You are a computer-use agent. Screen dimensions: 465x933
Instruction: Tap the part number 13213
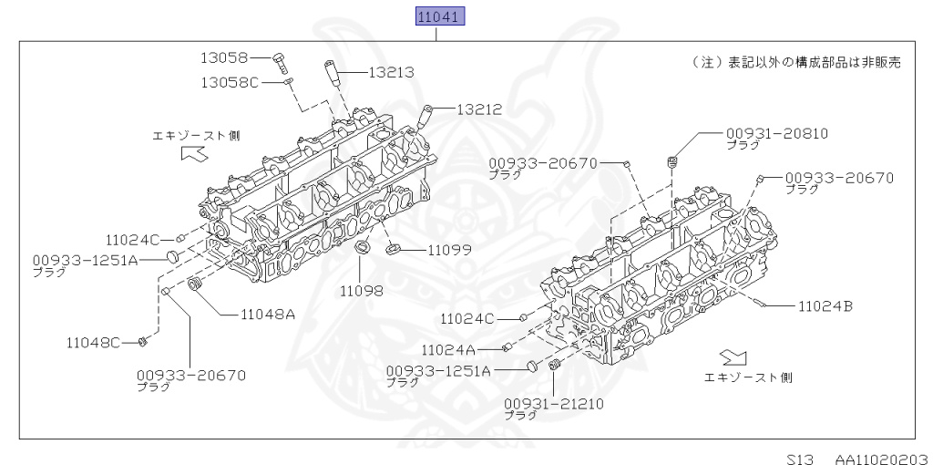pyautogui.click(x=391, y=72)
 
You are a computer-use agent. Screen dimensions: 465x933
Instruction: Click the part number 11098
pyautogui.click(x=362, y=291)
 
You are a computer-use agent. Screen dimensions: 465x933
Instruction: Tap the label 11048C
pyautogui.click(x=93, y=342)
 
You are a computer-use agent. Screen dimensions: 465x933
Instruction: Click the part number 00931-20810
pyautogui.click(x=776, y=132)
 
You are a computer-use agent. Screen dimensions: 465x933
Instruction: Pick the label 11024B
pyautogui.click(x=825, y=306)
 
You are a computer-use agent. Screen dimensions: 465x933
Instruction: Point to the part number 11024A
pyautogui.click(x=448, y=349)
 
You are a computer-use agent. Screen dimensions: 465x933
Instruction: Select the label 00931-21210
pyautogui.click(x=553, y=402)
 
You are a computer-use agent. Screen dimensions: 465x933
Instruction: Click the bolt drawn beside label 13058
pyautogui.click(x=279, y=62)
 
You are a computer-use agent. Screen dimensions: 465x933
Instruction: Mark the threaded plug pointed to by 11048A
pyautogui.click(x=192, y=288)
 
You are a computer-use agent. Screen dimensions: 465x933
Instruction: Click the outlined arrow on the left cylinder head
pyautogui.click(x=194, y=155)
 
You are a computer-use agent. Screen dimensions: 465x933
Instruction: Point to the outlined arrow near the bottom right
pyautogui.click(x=733, y=356)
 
